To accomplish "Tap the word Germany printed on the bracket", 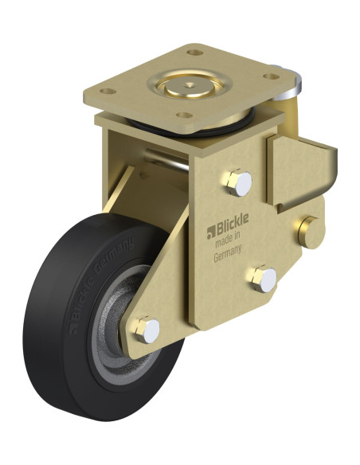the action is [228, 253].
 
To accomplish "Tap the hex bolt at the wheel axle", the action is [147, 330].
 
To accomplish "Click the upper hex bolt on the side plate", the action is [239, 182].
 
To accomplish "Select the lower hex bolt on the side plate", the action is [264, 279].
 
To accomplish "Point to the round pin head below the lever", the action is [311, 232].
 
